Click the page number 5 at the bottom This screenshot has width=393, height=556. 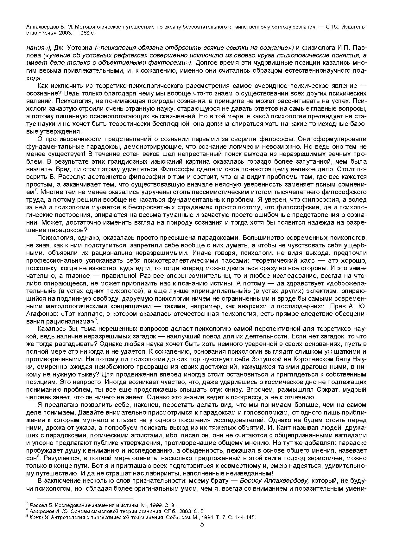click(x=202, y=524)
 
